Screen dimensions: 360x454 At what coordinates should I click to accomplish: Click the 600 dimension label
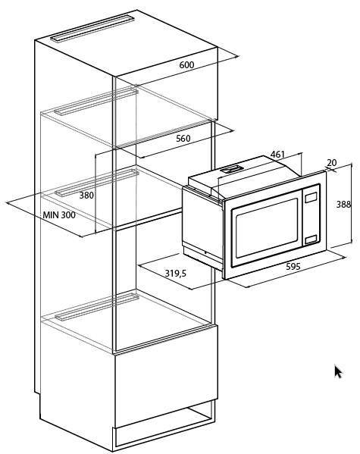[x=186, y=64]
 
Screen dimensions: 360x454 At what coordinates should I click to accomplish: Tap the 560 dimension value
[x=183, y=139]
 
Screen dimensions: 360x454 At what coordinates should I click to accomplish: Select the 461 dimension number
[x=277, y=155]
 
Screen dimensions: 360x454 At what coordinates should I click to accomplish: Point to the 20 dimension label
[x=332, y=163]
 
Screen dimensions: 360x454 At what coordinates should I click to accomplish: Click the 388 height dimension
[x=343, y=205]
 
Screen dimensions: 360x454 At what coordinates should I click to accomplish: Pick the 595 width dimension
[x=293, y=266]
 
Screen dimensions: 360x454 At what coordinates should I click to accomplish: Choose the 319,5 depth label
[x=176, y=273]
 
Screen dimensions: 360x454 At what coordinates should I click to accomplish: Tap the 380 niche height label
[x=86, y=196]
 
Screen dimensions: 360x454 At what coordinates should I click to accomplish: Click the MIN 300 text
[x=59, y=214]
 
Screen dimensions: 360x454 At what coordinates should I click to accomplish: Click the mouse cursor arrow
[x=338, y=372]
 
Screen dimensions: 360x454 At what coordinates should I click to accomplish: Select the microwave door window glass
[x=267, y=228]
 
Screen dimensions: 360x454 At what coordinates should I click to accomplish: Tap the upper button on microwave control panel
[x=310, y=198]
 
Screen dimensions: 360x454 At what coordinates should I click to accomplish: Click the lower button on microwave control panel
[x=310, y=240]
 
